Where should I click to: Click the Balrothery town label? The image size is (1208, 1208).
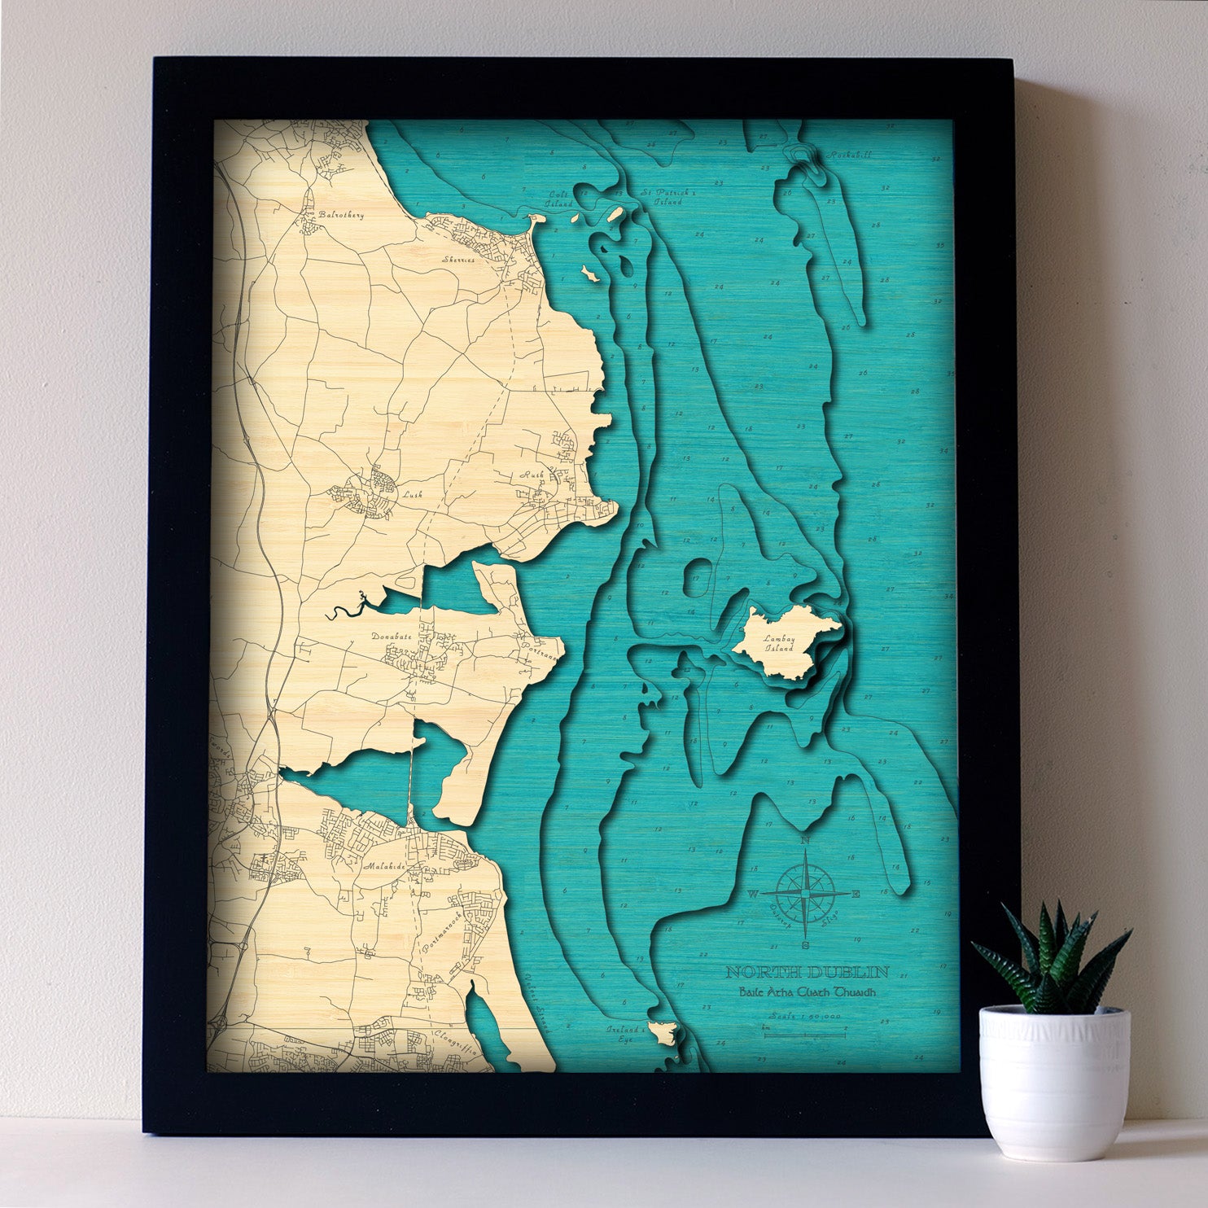click(x=343, y=216)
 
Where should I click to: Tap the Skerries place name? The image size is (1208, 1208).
click(x=456, y=260)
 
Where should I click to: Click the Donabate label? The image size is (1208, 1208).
click(x=392, y=636)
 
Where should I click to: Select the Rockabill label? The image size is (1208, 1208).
click(x=845, y=155)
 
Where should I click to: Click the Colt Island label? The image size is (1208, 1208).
click(x=560, y=199)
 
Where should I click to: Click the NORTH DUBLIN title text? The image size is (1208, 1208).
click(x=807, y=972)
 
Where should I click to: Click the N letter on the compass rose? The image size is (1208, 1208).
click(x=805, y=840)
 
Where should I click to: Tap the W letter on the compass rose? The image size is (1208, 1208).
click(x=753, y=894)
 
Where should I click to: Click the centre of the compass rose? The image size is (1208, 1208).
click(x=804, y=894)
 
